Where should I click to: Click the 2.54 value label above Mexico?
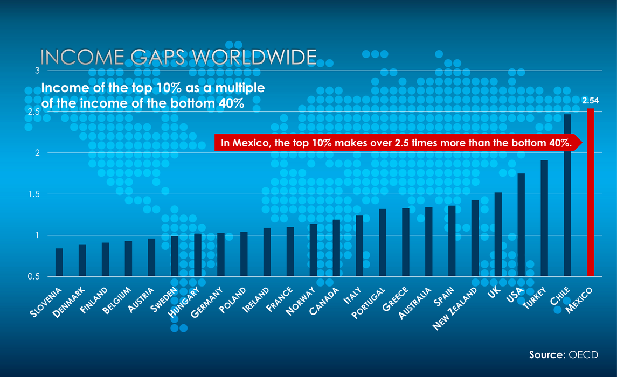(x=591, y=101)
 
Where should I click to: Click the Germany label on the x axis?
(x=207, y=302)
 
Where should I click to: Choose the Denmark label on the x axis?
(x=68, y=303)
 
